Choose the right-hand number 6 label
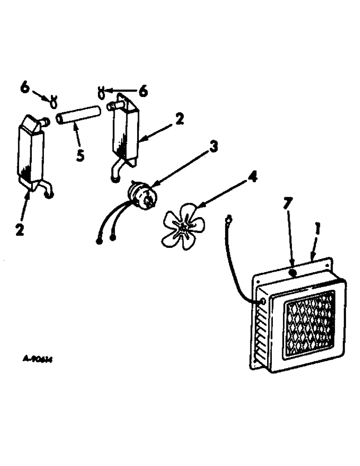143,91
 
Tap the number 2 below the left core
19,230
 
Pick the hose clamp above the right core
101,91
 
